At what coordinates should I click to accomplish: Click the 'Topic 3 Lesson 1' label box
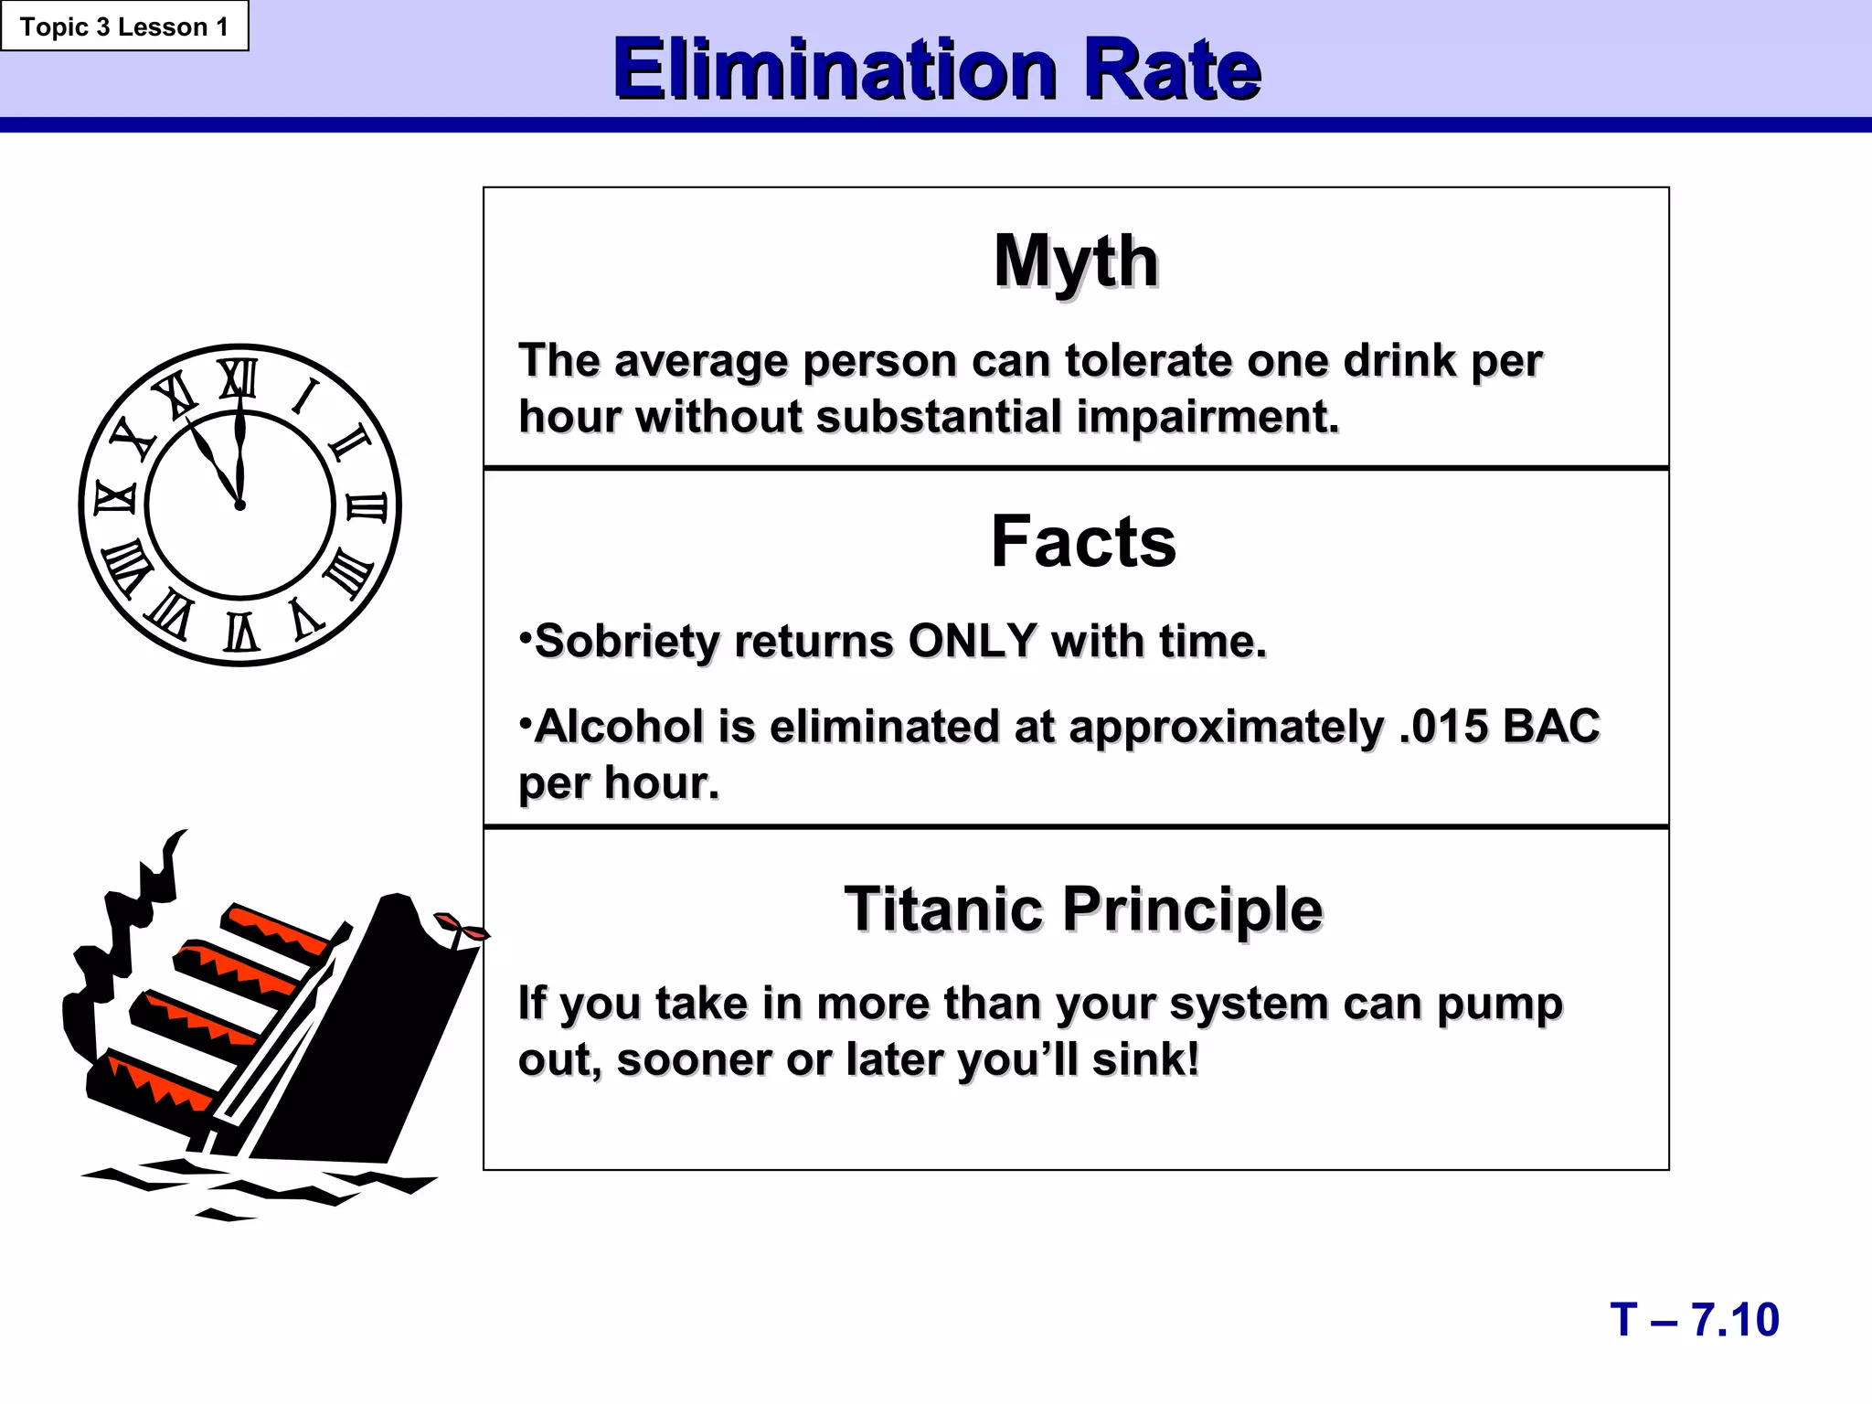124,27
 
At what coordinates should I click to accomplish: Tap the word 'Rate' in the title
1172,69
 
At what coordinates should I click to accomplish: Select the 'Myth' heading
1076,262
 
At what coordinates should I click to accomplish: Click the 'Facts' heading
1083,542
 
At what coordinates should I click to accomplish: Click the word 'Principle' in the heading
1193,909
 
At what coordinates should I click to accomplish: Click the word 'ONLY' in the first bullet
973,642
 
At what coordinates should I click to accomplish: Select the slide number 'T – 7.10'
1695,1320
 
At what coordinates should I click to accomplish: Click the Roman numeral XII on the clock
239,378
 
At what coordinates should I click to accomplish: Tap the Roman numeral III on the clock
367,506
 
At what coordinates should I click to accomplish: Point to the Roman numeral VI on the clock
241,632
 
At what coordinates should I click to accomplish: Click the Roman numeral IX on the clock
115,499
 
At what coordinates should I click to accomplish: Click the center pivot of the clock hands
240,505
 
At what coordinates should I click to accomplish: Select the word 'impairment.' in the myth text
1207,418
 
